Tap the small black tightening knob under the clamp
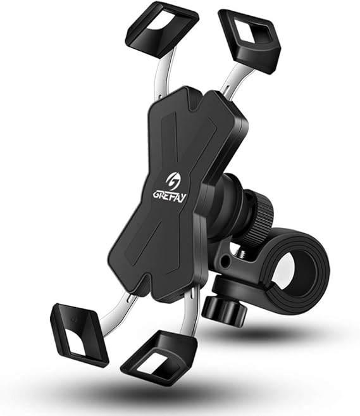click(221, 305)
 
